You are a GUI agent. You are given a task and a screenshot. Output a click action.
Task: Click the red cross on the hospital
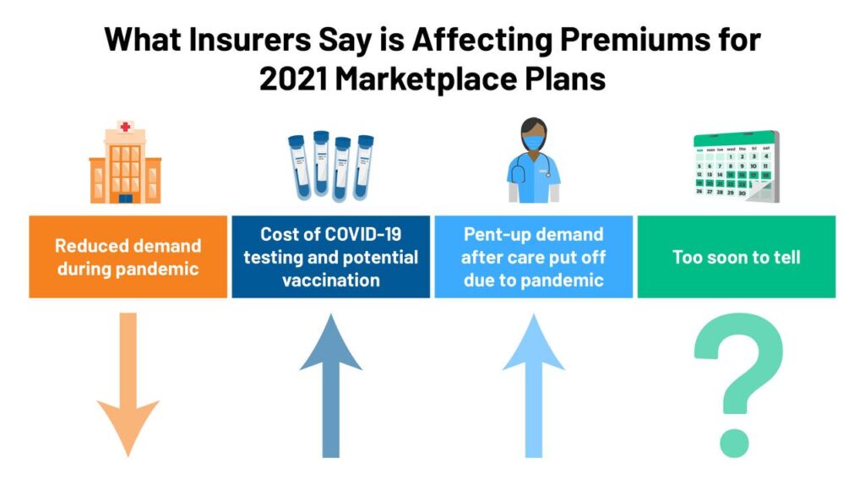click(x=126, y=128)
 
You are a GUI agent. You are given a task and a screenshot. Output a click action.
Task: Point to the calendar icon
click(x=735, y=166)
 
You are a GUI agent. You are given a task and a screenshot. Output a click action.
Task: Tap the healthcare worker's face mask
click(x=533, y=143)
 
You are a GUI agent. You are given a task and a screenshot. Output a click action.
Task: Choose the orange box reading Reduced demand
click(x=128, y=256)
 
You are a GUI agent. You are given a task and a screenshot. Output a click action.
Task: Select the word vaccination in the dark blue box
click(x=331, y=279)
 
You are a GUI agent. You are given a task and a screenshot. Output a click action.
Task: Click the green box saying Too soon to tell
click(x=737, y=256)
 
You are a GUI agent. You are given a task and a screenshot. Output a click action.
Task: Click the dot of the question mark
click(x=733, y=440)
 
